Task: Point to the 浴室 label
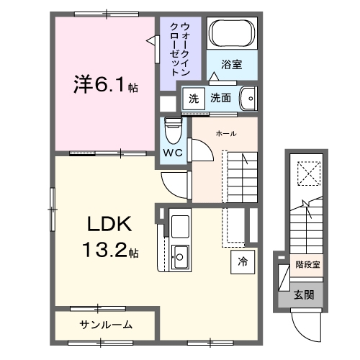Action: pyautogui.click(x=231, y=65)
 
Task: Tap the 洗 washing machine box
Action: pyautogui.click(x=193, y=98)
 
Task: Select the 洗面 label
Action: pyautogui.click(x=221, y=98)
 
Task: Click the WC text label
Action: pyautogui.click(x=173, y=153)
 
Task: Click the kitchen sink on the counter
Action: pyautogui.click(x=180, y=254)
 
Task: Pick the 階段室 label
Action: pyautogui.click(x=307, y=265)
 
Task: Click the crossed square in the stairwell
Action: pyautogui.click(x=307, y=173)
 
